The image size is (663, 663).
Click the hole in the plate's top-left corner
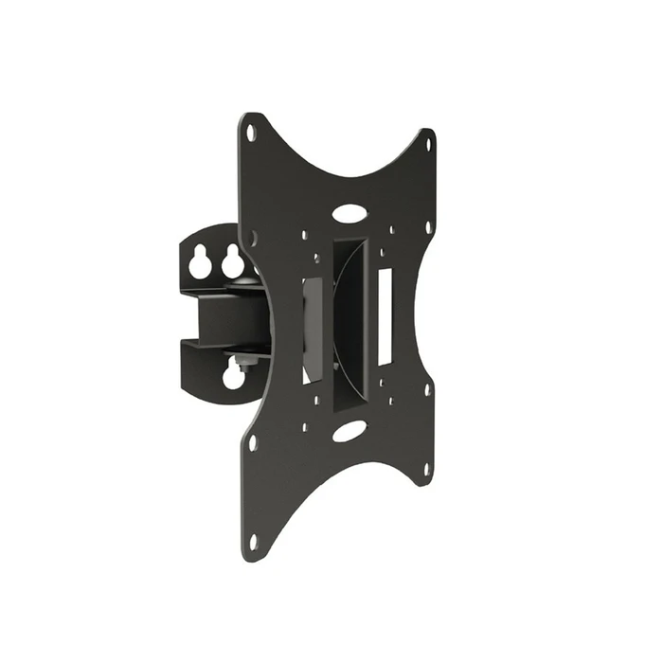pos(251,133)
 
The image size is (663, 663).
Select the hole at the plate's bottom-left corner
pos(252,542)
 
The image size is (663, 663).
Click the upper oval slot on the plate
pos(348,213)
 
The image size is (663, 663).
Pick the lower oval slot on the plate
pos(349,430)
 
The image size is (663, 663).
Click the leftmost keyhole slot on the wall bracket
pos(200,263)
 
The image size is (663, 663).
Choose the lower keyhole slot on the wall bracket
pos(233,376)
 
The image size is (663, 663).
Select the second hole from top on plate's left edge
pos(251,238)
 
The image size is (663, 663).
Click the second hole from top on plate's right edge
pos(428,227)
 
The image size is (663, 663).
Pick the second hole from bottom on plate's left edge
pos(252,441)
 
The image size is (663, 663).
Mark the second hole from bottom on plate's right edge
pos(427,389)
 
